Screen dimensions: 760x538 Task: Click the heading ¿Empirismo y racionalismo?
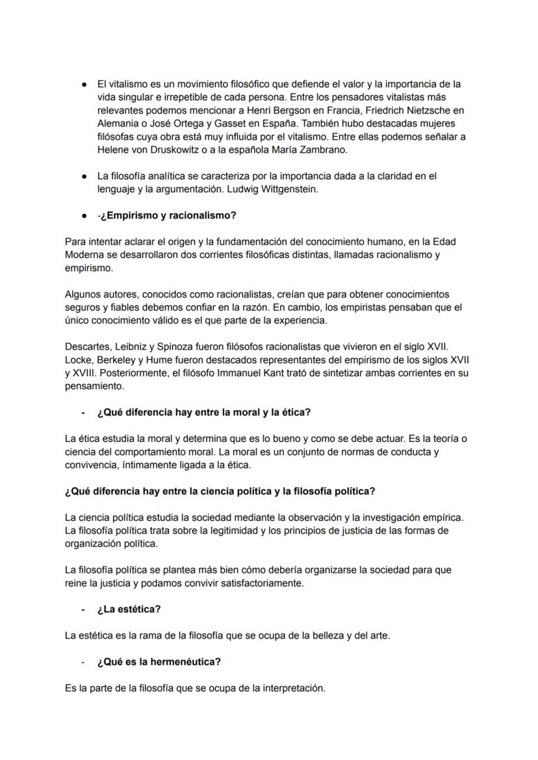(x=166, y=215)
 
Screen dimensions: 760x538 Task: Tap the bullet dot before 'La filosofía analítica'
(x=84, y=176)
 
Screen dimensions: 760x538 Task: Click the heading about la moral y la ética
(x=203, y=412)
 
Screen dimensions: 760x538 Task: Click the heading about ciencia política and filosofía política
(x=220, y=491)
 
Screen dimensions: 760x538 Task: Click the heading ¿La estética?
(x=129, y=609)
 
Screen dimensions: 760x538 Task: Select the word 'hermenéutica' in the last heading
(x=186, y=662)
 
